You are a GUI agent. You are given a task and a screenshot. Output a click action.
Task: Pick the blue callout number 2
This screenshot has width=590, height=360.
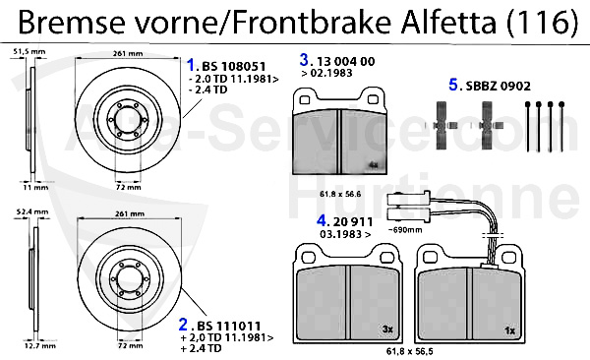click(x=183, y=324)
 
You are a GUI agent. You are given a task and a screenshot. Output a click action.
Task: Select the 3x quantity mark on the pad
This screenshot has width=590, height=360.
click(x=386, y=328)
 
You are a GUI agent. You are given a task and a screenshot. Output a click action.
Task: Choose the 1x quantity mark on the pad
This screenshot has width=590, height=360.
click(x=507, y=328)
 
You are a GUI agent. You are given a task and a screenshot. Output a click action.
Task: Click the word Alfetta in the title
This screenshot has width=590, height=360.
click(x=429, y=21)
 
